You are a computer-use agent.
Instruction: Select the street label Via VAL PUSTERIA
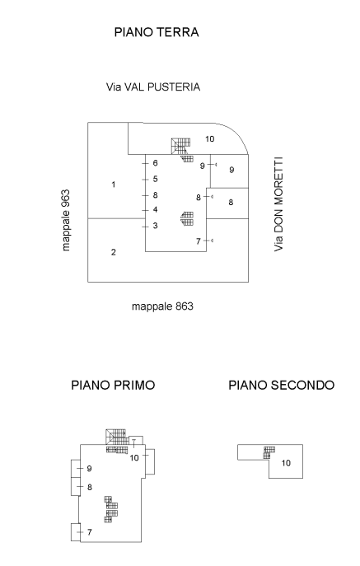(153, 86)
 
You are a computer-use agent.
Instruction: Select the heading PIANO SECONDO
(281, 385)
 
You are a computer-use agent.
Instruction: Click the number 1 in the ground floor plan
(113, 184)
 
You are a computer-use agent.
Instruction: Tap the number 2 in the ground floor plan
(113, 252)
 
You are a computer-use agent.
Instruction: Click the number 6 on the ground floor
(155, 163)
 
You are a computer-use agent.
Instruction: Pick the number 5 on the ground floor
(155, 179)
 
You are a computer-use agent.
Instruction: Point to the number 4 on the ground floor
(155, 210)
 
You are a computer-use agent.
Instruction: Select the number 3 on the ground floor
(155, 226)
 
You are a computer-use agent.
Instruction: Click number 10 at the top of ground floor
(209, 138)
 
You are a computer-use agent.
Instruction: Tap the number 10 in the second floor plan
(286, 463)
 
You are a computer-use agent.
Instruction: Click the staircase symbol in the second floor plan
(268, 451)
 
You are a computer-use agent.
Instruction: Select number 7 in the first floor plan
(89, 533)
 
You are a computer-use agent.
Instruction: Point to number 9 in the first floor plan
(89, 469)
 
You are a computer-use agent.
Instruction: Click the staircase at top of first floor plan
(116, 438)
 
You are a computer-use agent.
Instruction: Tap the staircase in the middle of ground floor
(188, 218)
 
